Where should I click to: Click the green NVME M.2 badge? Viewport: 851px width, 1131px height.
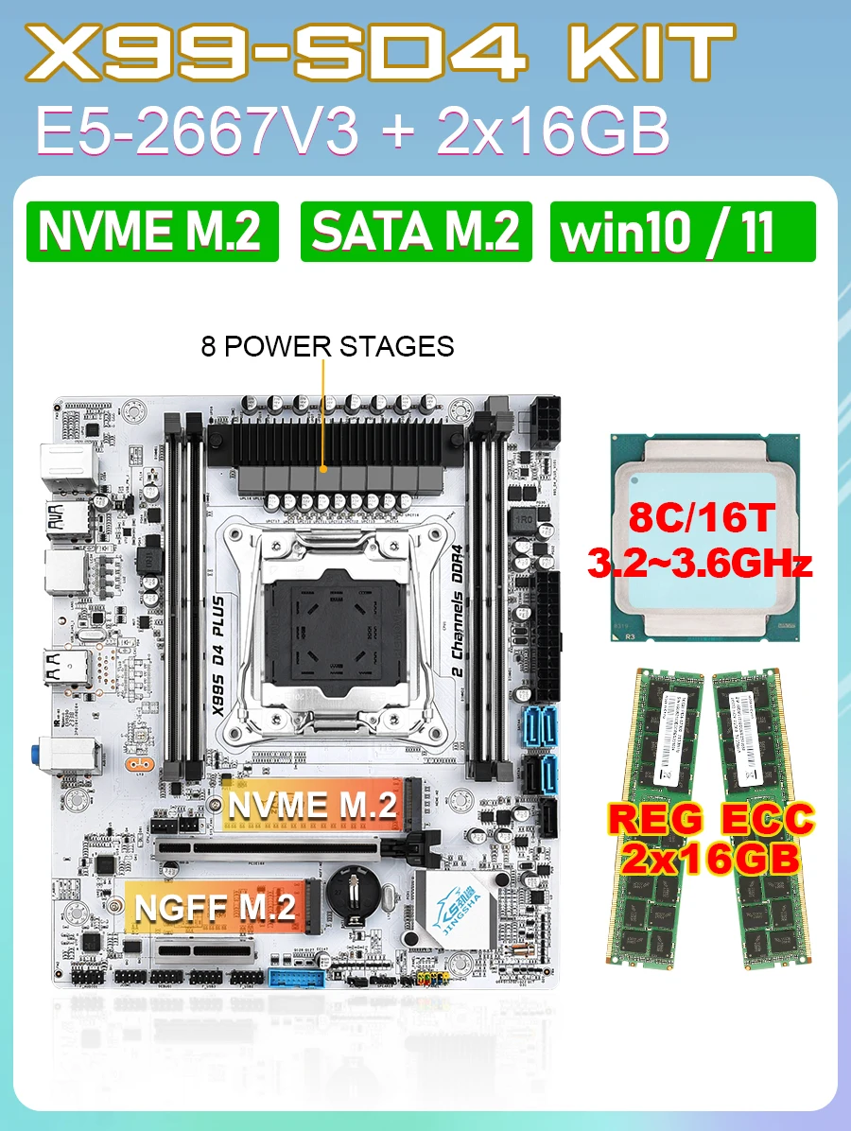152,231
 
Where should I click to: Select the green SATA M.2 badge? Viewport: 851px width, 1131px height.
416,231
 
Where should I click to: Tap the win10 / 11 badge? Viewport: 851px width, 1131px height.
682,231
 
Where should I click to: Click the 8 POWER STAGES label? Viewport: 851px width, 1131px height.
327,346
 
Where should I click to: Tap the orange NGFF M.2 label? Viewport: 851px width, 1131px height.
216,907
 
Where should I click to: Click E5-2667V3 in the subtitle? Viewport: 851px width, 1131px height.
197,131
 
